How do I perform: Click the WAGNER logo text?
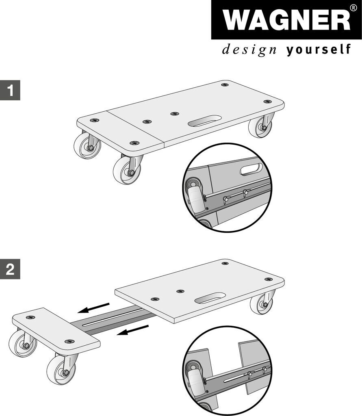coord(286,20)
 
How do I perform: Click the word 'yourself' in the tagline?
coord(319,50)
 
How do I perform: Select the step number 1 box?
coord(10,90)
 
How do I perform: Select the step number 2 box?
coord(10,269)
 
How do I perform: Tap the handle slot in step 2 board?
coord(210,298)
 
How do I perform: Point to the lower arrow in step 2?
coord(133,330)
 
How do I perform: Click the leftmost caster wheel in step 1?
coord(87,146)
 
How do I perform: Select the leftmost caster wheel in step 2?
coord(23,344)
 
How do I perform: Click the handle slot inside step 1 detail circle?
coord(251,169)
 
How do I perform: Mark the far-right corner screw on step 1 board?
coord(267,102)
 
